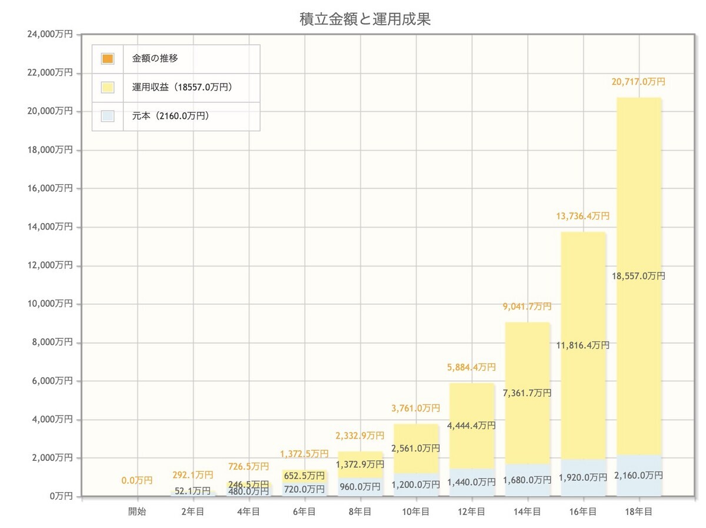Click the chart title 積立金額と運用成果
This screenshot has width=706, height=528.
pyautogui.click(x=365, y=19)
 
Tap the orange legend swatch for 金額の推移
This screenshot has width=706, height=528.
pyautogui.click(x=107, y=59)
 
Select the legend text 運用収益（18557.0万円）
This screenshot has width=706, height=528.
pyautogui.click(x=182, y=88)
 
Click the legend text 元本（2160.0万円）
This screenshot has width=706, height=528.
pyautogui.click(x=171, y=116)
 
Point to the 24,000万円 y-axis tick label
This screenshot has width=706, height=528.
pyautogui.click(x=50, y=35)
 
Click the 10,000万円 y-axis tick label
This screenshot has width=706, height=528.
pyautogui.click(x=50, y=304)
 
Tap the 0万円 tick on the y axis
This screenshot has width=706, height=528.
pyautogui.click(x=60, y=496)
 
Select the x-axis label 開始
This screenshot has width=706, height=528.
pyautogui.click(x=137, y=512)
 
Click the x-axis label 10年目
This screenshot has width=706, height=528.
pyautogui.click(x=416, y=512)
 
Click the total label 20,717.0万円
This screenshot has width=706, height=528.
pyautogui.click(x=638, y=82)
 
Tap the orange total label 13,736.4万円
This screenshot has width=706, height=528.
pyautogui.click(x=582, y=216)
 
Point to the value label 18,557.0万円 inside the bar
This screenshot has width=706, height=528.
pyautogui.click(x=638, y=275)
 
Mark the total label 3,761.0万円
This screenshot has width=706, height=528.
pyautogui.click(x=416, y=408)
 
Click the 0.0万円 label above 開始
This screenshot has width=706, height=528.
pyautogui.click(x=137, y=481)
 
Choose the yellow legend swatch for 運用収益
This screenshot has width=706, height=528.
pyautogui.click(x=107, y=88)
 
